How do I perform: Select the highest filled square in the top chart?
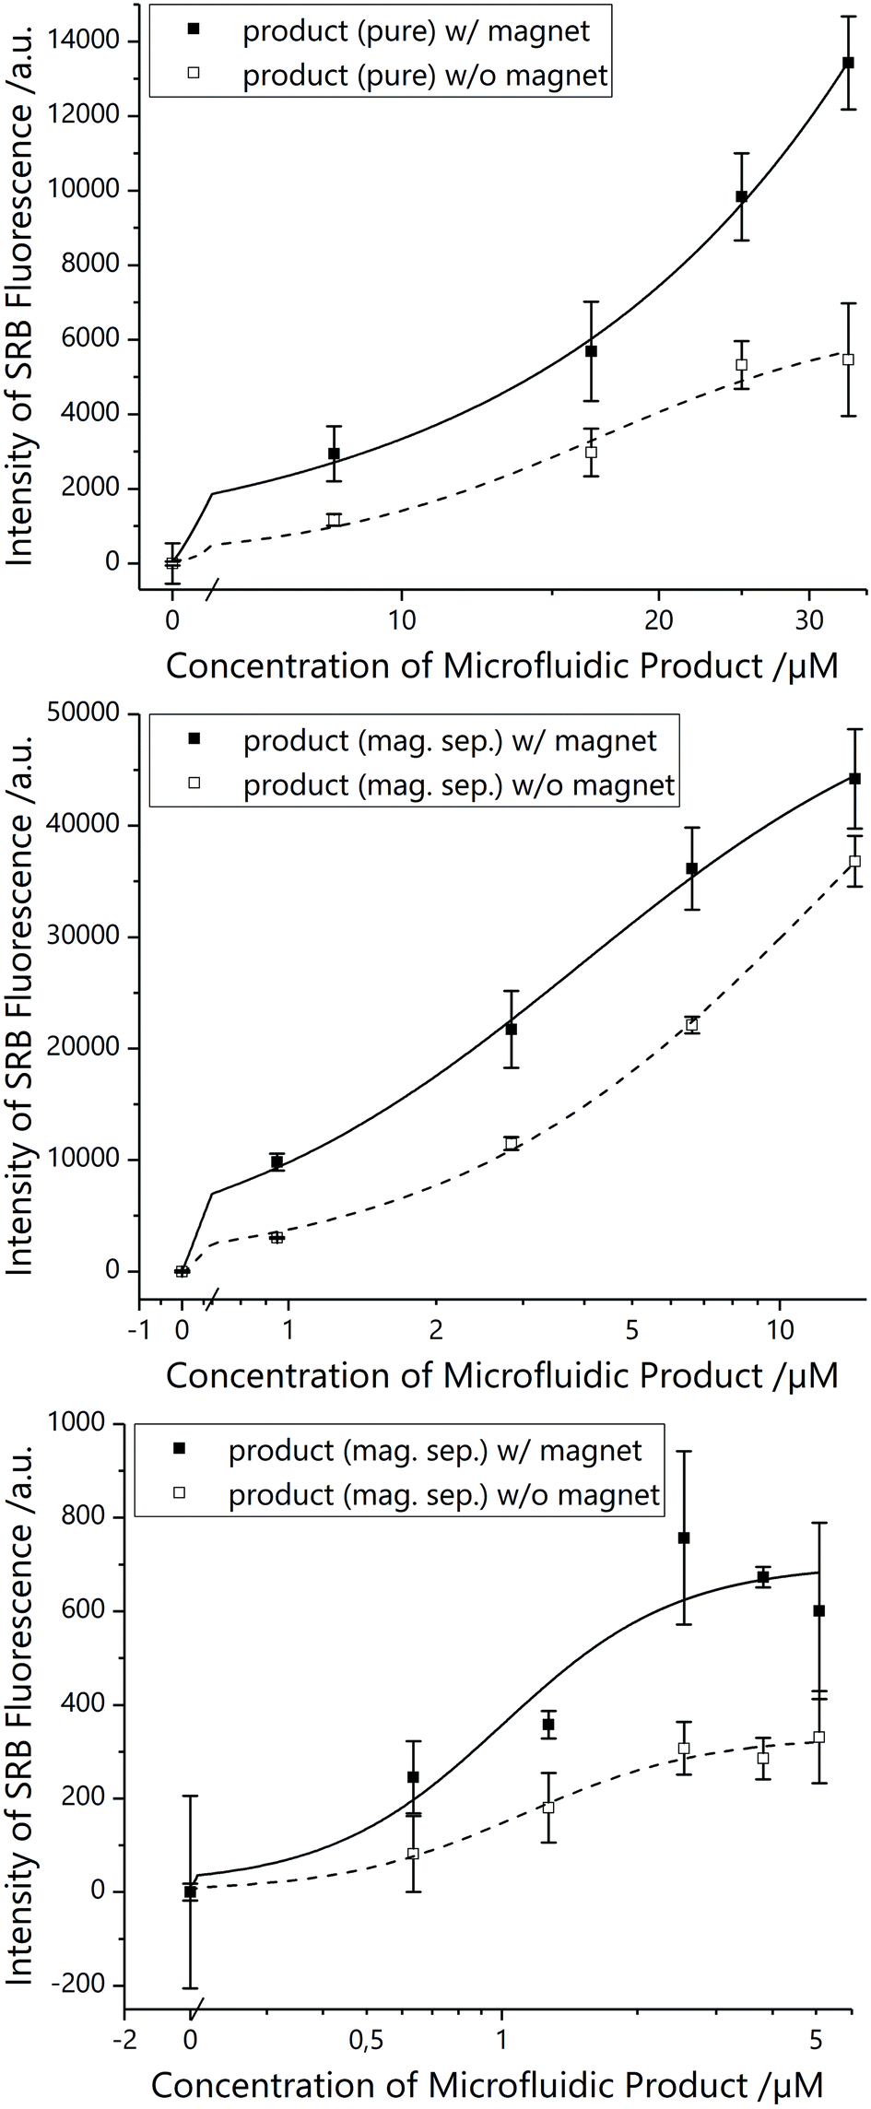(848, 63)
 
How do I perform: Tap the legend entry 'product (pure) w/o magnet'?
(425, 76)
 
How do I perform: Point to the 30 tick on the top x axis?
(808, 620)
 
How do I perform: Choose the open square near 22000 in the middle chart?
(692, 1025)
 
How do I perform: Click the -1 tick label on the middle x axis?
(138, 1330)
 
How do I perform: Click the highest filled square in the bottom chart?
(684, 1538)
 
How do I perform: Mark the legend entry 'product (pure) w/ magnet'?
(416, 31)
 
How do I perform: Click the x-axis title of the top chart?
(502, 666)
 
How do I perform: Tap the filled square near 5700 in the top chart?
(591, 351)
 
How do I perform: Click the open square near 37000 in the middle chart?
(855, 861)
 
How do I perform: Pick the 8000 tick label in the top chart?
(90, 265)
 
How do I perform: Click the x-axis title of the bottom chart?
(488, 2085)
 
